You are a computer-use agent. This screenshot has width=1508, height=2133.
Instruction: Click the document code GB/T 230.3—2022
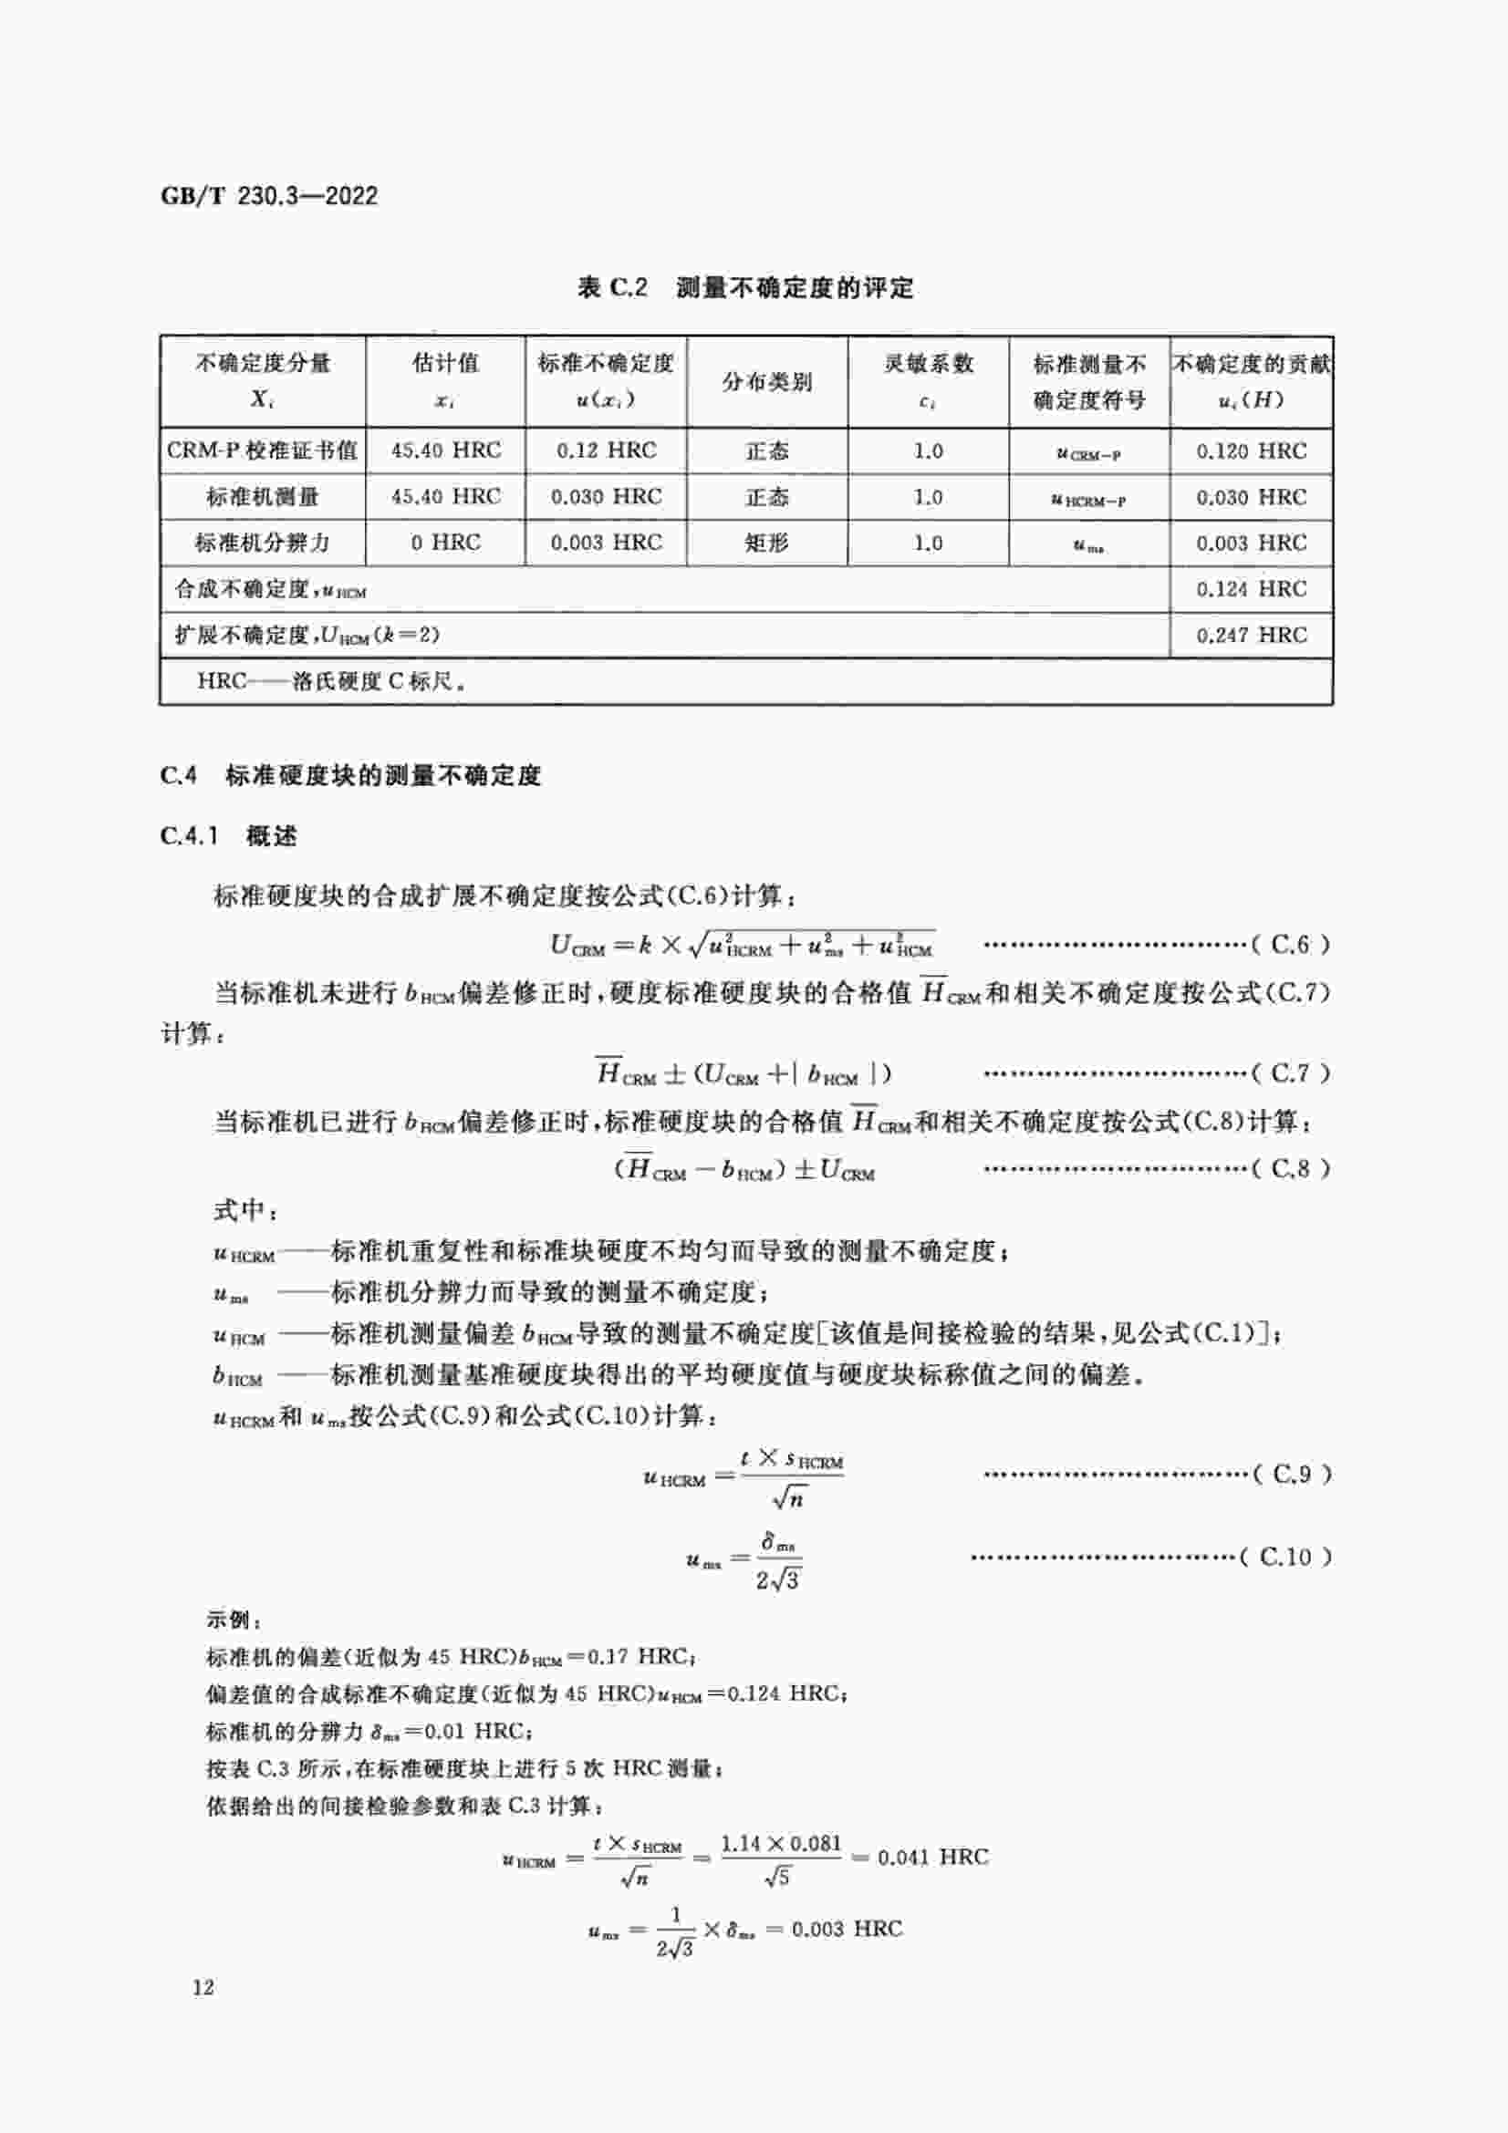coord(269,196)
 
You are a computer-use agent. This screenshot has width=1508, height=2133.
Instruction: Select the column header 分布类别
coord(766,382)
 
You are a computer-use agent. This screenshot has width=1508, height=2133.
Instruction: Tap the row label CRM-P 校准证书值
coord(262,450)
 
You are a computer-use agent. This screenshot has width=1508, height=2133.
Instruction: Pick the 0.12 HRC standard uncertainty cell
coord(606,450)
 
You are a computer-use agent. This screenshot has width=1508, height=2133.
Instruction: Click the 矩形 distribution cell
coord(766,543)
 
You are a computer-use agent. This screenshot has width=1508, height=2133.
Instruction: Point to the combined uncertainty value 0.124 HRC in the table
coord(1251,589)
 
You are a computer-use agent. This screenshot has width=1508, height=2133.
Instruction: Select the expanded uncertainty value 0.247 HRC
coord(1251,636)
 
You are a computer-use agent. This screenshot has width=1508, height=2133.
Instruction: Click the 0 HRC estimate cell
coord(445,543)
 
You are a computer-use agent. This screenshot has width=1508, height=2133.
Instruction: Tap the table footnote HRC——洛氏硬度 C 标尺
coord(331,681)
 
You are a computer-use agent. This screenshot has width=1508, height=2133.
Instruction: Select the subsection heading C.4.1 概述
coord(229,836)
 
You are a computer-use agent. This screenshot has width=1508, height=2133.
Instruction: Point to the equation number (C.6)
coord(1291,945)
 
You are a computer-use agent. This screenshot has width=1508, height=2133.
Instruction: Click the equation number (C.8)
coord(1291,1169)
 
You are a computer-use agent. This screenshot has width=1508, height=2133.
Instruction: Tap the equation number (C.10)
coord(1286,1557)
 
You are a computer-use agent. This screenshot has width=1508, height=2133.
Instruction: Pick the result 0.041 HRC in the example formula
coord(932,1857)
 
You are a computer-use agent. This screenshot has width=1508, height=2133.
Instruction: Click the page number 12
coord(203,1987)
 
